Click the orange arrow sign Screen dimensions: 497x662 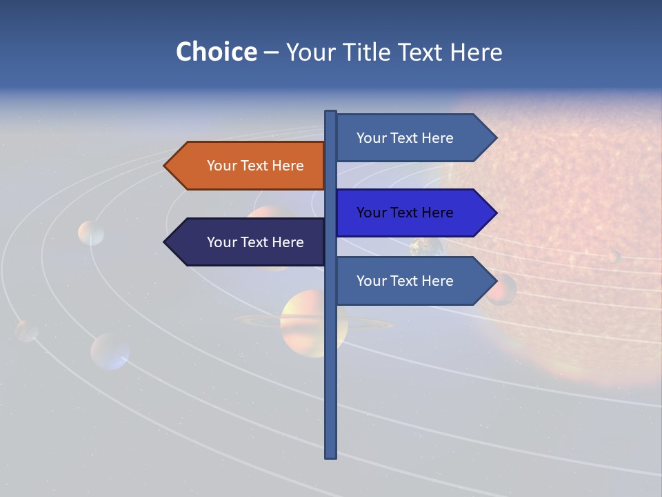(x=245, y=166)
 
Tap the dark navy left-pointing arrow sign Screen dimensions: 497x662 (x=245, y=242)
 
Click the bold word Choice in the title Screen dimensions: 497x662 (x=216, y=52)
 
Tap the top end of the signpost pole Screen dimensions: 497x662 (x=330, y=113)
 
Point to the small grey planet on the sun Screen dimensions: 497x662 (x=613, y=257)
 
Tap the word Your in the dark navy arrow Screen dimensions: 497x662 (x=223, y=242)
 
